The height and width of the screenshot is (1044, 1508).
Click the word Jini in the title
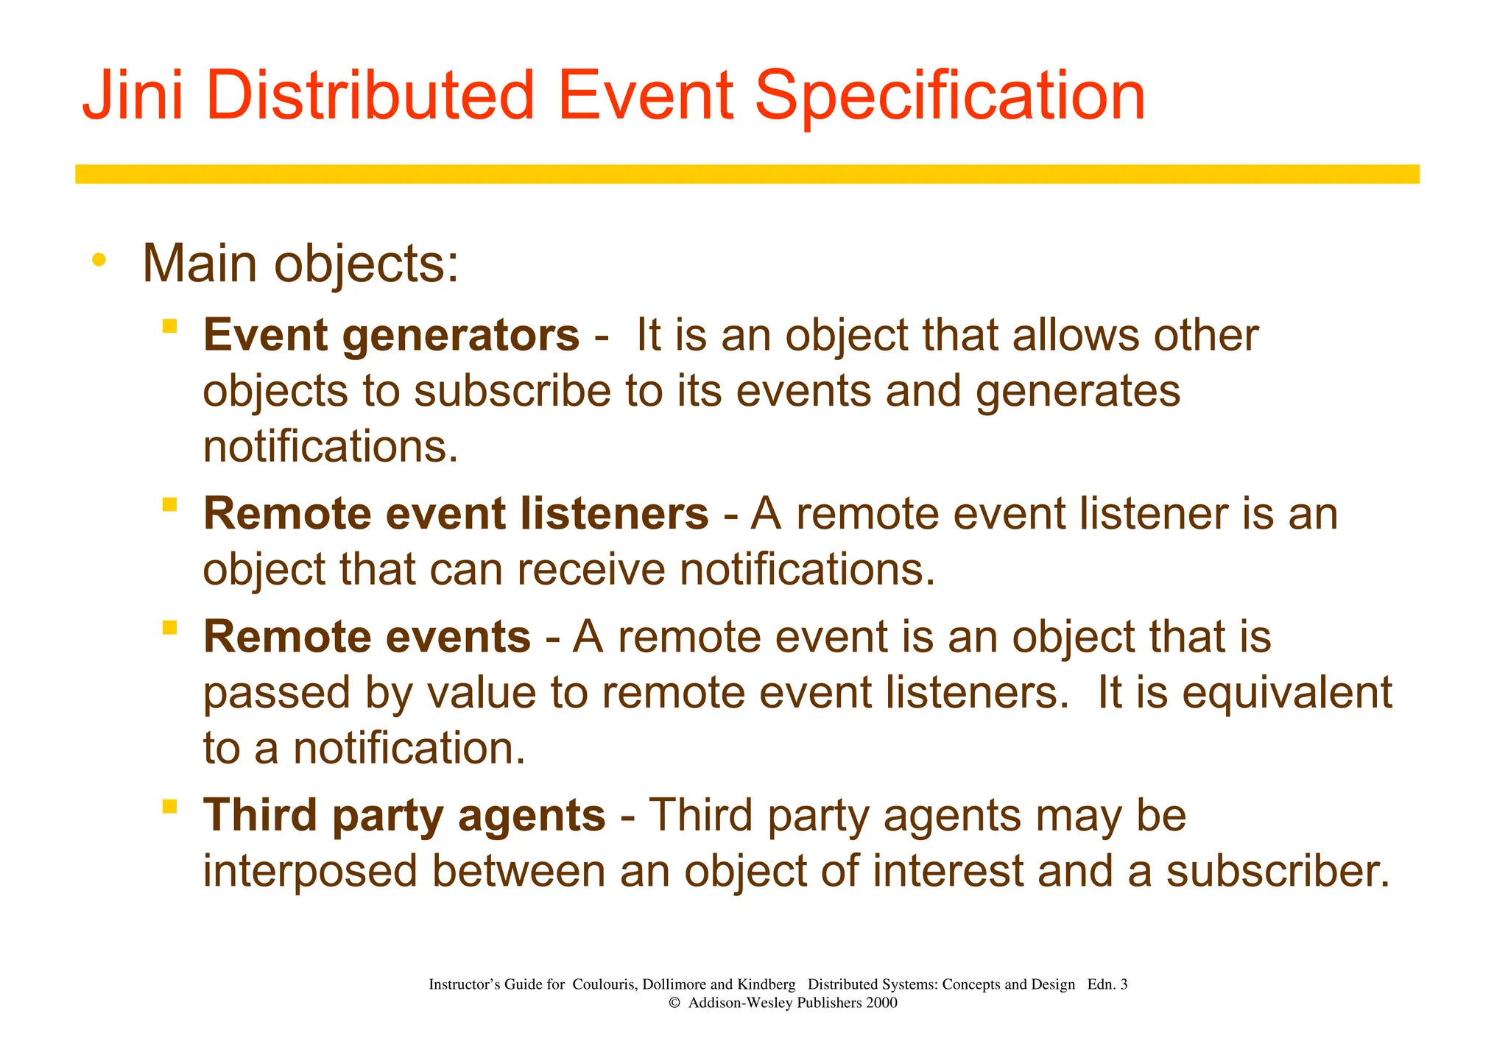coord(133,96)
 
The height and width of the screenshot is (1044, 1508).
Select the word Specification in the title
coord(950,97)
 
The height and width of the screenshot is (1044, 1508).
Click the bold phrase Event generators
coord(391,336)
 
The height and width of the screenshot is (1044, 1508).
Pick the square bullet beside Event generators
coord(170,325)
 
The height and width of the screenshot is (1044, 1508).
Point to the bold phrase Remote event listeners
coord(456,514)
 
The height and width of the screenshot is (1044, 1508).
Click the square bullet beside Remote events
coord(170,627)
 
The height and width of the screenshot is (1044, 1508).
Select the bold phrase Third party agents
coord(404,816)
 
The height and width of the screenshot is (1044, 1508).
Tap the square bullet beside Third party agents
coord(170,805)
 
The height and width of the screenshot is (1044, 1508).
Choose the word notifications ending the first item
coord(331,447)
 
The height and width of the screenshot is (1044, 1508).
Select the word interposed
coord(310,872)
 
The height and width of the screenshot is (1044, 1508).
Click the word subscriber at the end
coord(1278,872)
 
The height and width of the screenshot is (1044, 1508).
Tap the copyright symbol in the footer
coord(674,1003)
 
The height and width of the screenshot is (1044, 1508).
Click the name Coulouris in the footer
coord(603,984)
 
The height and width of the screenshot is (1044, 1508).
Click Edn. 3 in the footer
coord(1107,984)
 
